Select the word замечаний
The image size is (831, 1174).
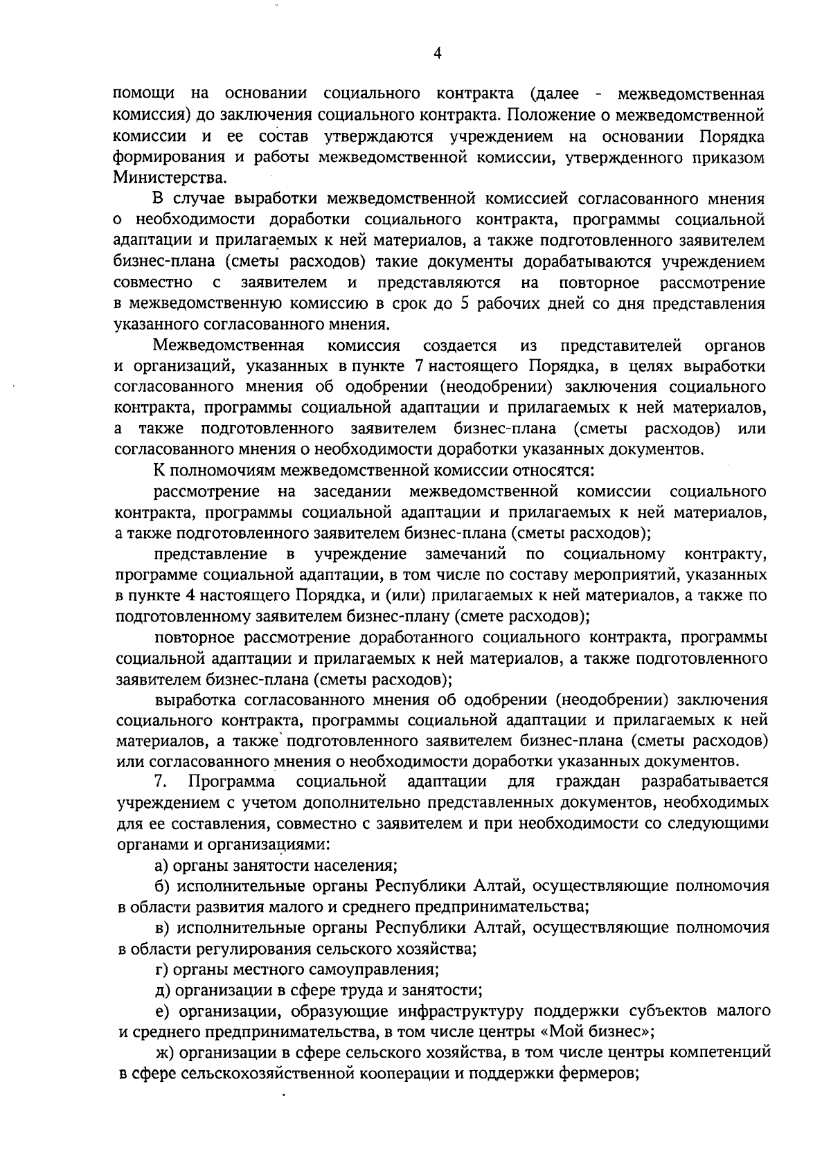(x=465, y=554)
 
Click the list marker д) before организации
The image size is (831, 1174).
(x=163, y=991)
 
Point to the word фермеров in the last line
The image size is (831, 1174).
(x=597, y=1074)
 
